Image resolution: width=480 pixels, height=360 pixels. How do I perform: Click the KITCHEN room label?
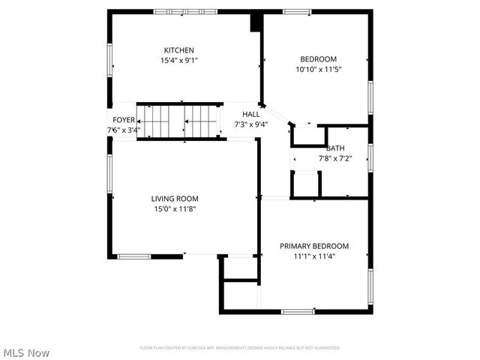coord(179,50)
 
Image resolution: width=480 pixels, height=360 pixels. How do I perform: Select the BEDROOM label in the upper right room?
coord(318,59)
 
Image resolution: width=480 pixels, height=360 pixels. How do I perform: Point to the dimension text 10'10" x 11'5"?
coord(318,69)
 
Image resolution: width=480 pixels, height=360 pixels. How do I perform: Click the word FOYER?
coord(124,120)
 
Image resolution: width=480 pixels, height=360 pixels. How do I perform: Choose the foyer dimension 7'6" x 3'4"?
coord(124,130)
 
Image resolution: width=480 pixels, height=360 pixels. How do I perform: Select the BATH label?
coord(335,148)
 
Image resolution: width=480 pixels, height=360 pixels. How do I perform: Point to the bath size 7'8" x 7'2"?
coord(335,158)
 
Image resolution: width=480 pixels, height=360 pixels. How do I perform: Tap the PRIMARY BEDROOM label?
coord(314,246)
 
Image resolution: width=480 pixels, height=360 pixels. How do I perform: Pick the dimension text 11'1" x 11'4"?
coord(314,256)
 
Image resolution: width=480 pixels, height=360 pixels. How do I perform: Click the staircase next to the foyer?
coord(180,121)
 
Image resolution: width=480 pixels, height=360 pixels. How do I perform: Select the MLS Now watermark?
coord(26,352)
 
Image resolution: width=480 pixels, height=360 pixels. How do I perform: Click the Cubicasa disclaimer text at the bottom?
coord(240,348)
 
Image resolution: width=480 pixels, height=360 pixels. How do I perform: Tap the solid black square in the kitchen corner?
coord(256,22)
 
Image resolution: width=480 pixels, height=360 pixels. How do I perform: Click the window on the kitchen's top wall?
coord(185,11)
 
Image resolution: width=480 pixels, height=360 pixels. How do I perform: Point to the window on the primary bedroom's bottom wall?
coord(298,311)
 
